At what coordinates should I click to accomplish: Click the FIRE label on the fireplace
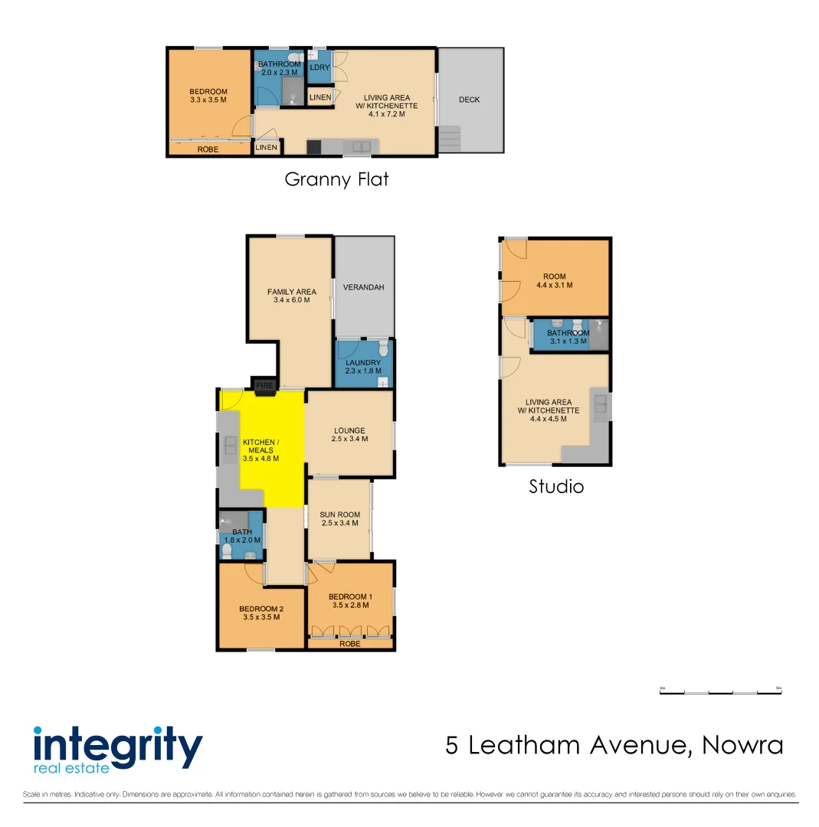pos(264,385)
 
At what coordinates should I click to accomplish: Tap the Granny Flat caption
pos(336,179)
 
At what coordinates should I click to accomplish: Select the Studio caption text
pos(556,486)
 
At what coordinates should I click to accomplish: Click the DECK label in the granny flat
pos(469,100)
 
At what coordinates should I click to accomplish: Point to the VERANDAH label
pos(363,287)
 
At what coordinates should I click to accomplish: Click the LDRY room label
pos(319,68)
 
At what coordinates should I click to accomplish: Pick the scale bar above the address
pos(720,692)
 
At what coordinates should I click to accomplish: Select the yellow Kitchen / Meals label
pos(260,450)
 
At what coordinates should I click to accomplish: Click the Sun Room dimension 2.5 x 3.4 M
pos(339,524)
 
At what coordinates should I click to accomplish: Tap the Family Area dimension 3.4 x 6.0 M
pos(292,300)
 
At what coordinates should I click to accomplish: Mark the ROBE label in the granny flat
pos(208,149)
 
